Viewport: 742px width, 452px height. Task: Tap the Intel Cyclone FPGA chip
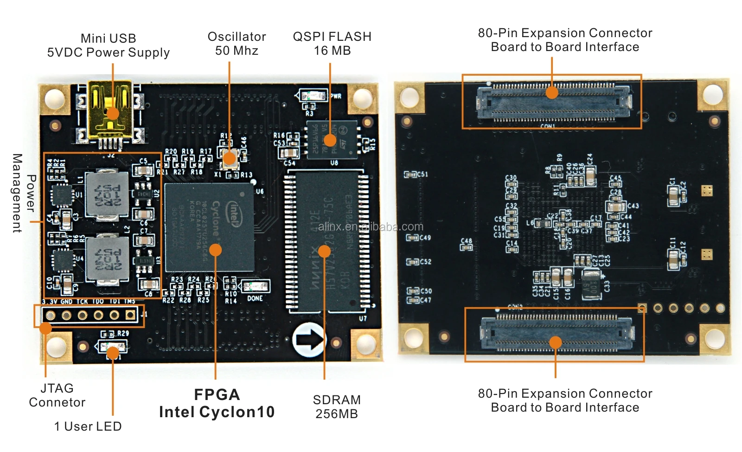tap(209, 227)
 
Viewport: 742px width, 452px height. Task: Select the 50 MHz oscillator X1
tap(229, 158)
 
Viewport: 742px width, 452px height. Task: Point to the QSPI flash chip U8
tap(332, 140)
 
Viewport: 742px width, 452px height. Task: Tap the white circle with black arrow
tap(309, 340)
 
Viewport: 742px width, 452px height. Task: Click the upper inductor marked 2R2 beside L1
tap(108, 194)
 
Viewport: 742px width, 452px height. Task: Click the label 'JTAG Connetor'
tap(57, 395)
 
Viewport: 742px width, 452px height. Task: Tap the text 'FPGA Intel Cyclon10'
tap(217, 403)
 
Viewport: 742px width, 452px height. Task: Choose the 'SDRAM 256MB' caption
tap(337, 407)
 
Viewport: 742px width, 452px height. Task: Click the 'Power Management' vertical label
tap(24, 193)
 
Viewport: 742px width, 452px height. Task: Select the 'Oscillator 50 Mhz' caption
tap(237, 44)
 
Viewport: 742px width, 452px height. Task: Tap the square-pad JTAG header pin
tap(130, 316)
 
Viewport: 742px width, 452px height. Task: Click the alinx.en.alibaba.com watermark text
tap(371, 227)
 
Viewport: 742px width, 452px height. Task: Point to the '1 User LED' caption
tap(88, 426)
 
